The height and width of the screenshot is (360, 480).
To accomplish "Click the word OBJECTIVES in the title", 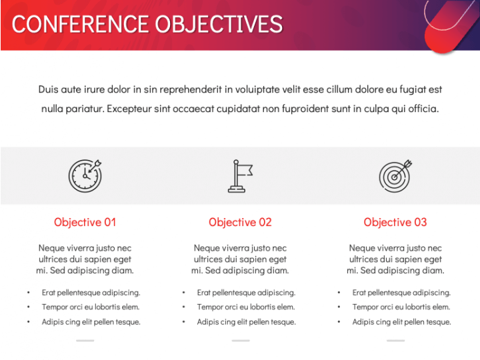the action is (219, 24).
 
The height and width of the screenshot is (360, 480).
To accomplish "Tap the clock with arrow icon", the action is (85, 176).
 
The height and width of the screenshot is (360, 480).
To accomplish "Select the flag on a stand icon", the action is (240, 176).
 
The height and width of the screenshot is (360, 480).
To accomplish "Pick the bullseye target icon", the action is (395, 176).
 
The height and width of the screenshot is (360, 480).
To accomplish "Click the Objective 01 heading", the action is (85, 222).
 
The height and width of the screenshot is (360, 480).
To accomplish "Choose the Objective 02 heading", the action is (240, 222).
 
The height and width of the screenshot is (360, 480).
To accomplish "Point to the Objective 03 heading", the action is (395, 222).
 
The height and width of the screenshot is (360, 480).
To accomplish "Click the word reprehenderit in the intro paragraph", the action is (191, 90).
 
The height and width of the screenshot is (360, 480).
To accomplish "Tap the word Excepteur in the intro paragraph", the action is (129, 109).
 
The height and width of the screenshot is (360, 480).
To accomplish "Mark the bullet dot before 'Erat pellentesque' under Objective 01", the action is (29, 293).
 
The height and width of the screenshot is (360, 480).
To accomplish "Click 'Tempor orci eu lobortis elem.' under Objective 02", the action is (246, 307).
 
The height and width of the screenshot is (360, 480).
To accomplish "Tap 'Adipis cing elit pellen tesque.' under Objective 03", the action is (401, 322).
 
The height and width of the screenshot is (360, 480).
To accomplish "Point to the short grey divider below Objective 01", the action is (85, 341).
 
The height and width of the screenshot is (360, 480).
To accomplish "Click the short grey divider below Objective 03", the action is (395, 341).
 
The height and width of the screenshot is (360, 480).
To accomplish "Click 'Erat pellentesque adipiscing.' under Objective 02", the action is (246, 293).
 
